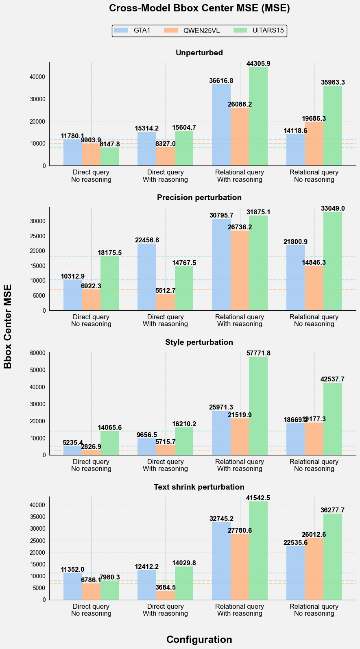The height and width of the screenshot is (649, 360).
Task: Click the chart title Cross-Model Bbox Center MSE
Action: pyautogui.click(x=199, y=9)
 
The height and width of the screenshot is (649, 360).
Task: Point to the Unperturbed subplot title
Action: pyautogui.click(x=199, y=52)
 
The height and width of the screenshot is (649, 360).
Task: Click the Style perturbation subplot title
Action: pyautogui.click(x=199, y=342)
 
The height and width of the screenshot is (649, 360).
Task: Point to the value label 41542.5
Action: pyautogui.click(x=258, y=498)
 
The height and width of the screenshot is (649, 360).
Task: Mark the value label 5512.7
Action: pyautogui.click(x=166, y=290)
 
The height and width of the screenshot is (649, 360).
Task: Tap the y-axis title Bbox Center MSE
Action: pyautogui.click(x=8, y=326)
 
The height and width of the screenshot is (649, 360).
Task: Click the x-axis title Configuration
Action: pyautogui.click(x=199, y=639)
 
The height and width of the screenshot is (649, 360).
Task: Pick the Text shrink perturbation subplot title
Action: pyautogui.click(x=199, y=487)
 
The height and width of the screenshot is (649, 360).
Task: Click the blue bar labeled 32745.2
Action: pyautogui.click(x=221, y=561)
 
